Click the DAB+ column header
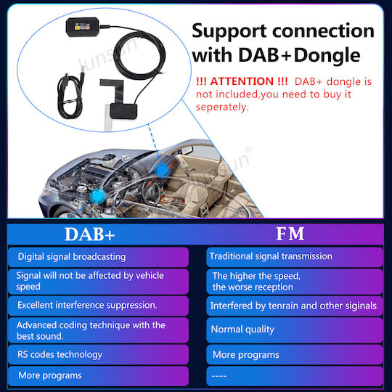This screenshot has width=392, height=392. click(x=90, y=234)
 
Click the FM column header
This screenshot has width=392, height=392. click(x=290, y=234)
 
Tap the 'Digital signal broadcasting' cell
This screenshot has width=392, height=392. click(x=98, y=257)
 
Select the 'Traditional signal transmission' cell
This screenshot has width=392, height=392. click(x=295, y=257)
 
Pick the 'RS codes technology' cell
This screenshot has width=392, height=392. click(x=98, y=354)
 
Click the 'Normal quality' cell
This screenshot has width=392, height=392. click(x=295, y=330)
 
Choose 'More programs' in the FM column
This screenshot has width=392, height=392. click(x=295, y=355)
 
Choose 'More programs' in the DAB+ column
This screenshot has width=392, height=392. click(x=98, y=376)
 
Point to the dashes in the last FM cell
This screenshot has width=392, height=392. click(x=219, y=376)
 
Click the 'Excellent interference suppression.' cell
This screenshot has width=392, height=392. click(x=98, y=306)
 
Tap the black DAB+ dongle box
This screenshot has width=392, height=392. click(x=83, y=27)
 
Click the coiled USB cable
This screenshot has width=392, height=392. click(x=70, y=96)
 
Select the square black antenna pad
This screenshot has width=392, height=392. click(x=123, y=112)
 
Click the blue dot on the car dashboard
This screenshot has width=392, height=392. click(x=162, y=171)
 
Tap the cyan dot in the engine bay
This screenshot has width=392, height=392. click(x=98, y=196)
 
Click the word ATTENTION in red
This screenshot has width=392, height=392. click(x=242, y=81)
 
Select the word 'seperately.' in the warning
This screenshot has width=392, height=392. click(x=223, y=107)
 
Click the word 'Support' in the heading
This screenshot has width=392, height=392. click(x=229, y=31)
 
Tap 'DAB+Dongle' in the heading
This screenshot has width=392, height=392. click(x=299, y=55)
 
